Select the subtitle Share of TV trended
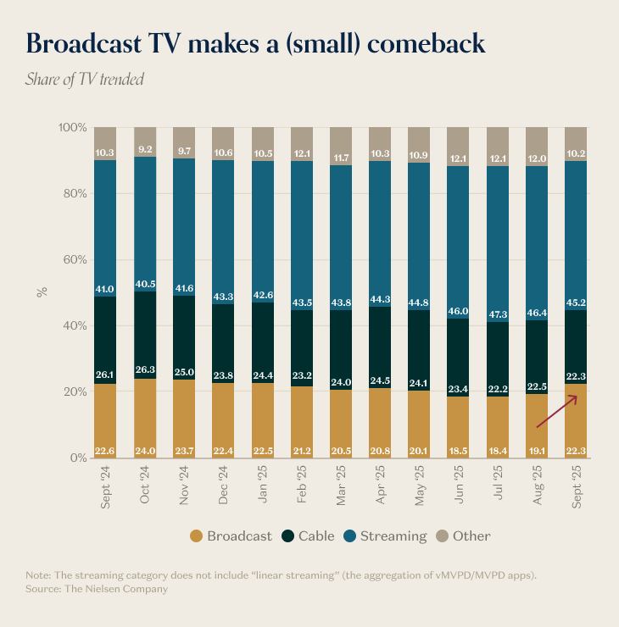click(x=85, y=80)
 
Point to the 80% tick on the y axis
click(x=72, y=193)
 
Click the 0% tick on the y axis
click(x=75, y=458)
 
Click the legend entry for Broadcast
click(x=231, y=535)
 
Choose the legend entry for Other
click(x=463, y=535)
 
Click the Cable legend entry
click(x=309, y=535)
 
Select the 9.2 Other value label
click(x=144, y=149)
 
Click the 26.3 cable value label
click(x=144, y=369)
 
